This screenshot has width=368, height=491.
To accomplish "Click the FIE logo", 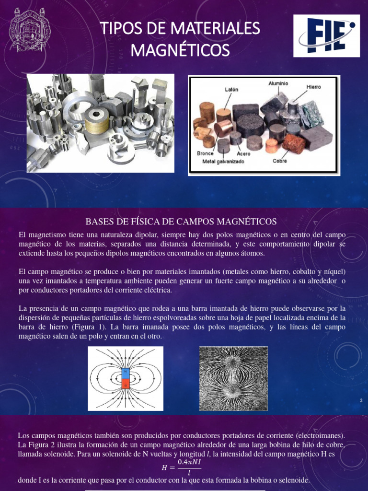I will [326, 36].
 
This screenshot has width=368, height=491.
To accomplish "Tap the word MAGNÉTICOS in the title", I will [180, 49].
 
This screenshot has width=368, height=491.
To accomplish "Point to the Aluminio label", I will [278, 82].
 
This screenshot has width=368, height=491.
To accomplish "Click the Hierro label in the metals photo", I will [314, 87].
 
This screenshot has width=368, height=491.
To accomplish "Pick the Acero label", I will [244, 154].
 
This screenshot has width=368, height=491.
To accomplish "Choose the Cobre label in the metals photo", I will [280, 161].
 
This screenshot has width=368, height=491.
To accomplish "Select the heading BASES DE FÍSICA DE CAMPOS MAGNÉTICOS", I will [181, 221].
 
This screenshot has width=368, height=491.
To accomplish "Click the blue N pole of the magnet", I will [126, 372].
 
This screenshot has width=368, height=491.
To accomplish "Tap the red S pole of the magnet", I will [126, 385].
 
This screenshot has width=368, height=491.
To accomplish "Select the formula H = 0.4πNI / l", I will [182, 467].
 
